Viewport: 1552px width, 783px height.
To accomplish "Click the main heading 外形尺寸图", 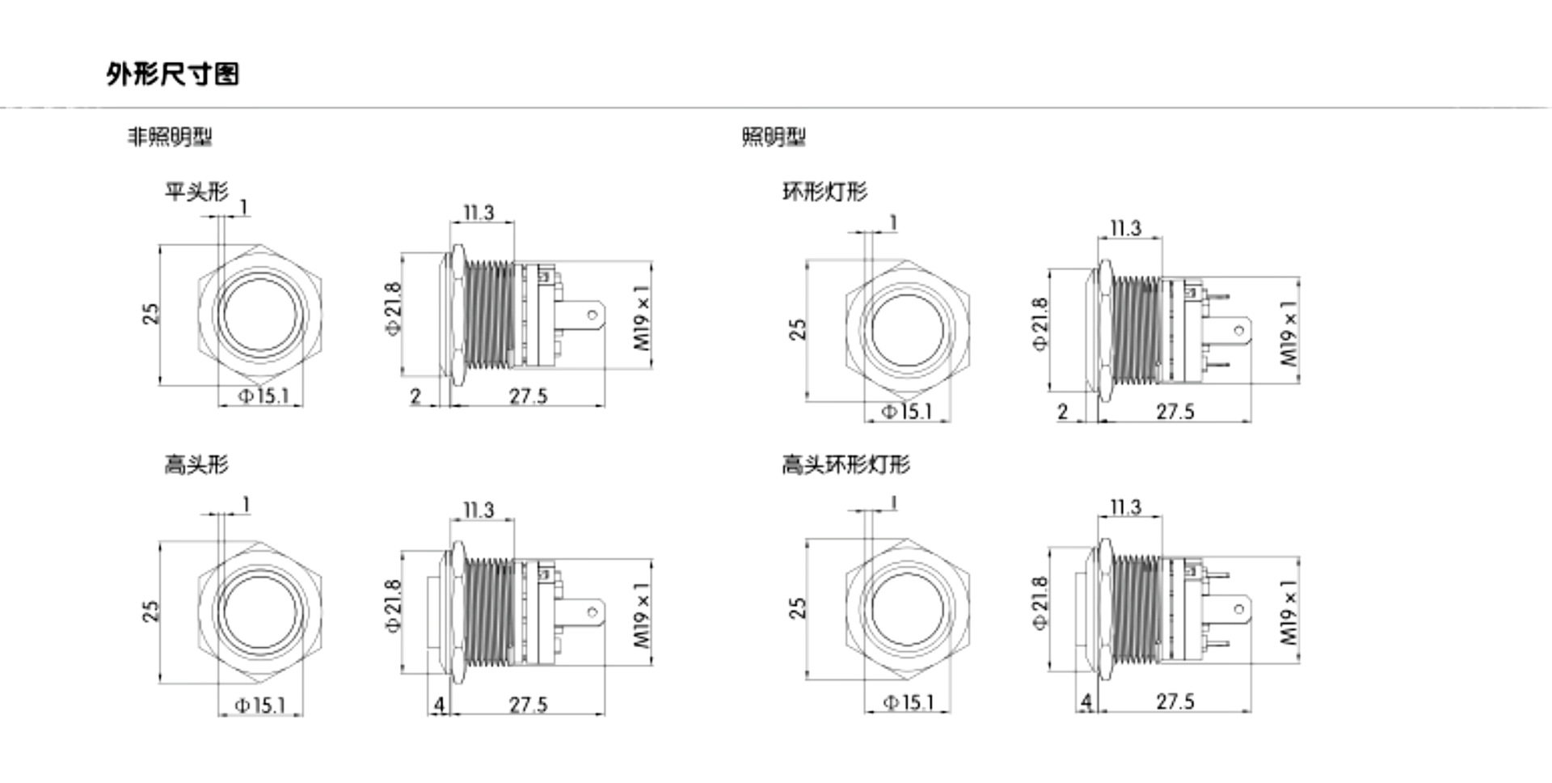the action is (172, 74).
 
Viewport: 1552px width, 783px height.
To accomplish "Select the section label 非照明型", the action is (170, 137).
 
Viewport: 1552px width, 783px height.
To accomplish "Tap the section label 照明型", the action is (774, 137).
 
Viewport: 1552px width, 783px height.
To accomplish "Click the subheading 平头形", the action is (196, 192).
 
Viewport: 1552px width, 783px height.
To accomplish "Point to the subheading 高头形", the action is (196, 464).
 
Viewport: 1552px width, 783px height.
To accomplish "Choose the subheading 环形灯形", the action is (824, 192).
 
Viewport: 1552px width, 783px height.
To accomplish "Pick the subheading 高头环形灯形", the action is (846, 464).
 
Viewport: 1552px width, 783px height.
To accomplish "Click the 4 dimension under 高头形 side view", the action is (439, 705).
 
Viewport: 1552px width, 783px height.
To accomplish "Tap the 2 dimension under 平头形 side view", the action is (415, 396).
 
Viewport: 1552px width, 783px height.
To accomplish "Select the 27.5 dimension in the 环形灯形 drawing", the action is (1175, 412).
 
